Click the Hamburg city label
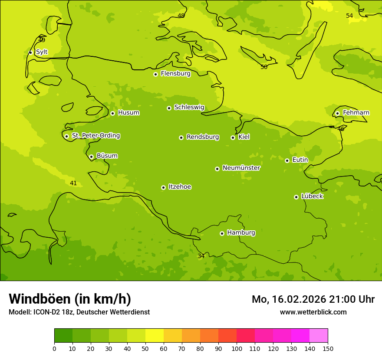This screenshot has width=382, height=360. click(241, 233)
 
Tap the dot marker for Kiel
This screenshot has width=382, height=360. click(233, 137)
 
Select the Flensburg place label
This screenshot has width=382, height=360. click(175, 74)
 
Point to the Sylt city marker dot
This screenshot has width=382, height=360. click(30, 52)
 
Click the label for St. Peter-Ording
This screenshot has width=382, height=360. click(95, 136)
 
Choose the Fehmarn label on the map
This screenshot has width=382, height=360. click(356, 113)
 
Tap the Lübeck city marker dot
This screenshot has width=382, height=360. click(296, 197)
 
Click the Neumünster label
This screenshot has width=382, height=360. click(241, 168)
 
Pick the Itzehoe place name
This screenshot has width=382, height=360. click(180, 187)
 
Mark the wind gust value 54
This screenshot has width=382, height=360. click(349, 16)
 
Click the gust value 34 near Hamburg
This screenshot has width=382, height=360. click(201, 256)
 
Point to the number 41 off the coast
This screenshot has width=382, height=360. click(73, 183)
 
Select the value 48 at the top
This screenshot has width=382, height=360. click(181, 16)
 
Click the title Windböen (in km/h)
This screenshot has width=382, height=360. click(70, 299)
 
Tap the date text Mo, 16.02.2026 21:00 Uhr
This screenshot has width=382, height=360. click(313, 299)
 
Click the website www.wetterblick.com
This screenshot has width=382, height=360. click(313, 312)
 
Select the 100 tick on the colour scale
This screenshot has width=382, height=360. click(237, 348)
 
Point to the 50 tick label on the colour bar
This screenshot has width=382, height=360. click(145, 348)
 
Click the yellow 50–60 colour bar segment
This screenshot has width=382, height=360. click(155, 335)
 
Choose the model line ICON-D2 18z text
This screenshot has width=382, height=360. click(79, 312)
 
